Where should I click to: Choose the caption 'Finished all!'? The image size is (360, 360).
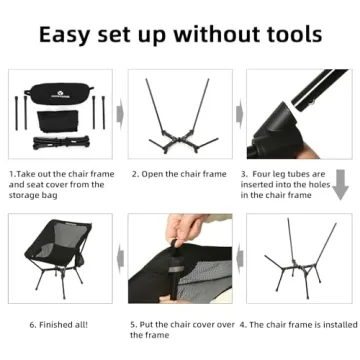62,324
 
